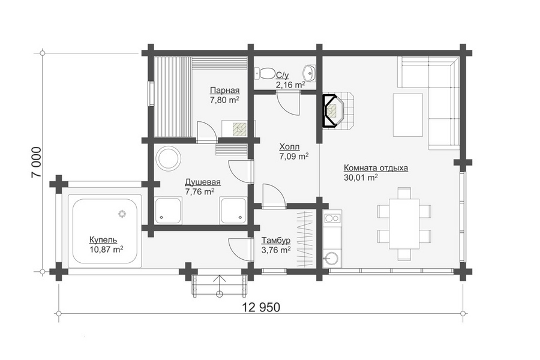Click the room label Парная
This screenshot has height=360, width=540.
point(224,91)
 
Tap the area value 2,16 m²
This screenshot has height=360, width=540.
point(290,85)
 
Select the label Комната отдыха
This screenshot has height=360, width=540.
point(376,168)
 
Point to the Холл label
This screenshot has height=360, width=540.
point(289,147)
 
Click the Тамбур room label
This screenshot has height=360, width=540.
point(275,241)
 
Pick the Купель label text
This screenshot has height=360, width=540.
point(103,240)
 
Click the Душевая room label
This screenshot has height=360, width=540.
point(203,182)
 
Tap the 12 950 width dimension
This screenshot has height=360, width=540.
point(261,307)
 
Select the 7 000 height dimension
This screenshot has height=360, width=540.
point(37,162)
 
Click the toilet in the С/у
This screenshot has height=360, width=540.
point(265,73)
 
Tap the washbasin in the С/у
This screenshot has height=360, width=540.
point(310,73)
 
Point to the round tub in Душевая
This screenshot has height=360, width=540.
point(169,158)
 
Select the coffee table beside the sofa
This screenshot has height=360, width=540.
point(408,115)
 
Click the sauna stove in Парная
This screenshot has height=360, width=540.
point(240,128)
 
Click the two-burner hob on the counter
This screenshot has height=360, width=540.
point(332,218)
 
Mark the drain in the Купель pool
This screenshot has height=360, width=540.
point(122,214)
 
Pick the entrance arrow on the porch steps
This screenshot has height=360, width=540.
point(219,283)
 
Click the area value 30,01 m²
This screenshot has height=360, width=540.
point(361,178)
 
